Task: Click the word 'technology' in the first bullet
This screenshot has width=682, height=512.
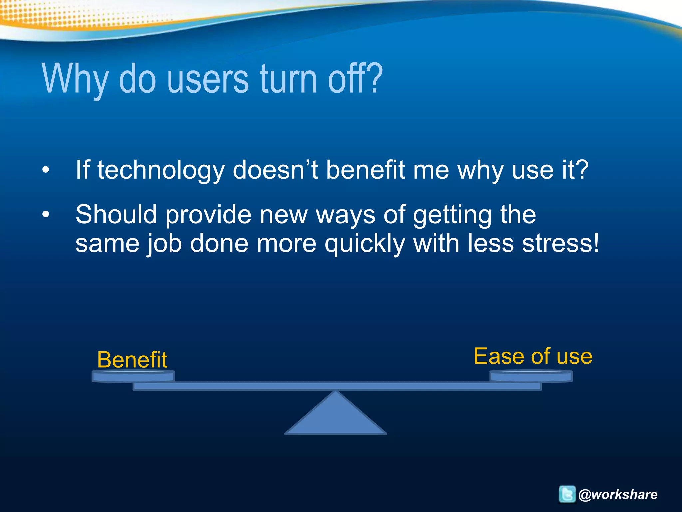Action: click(x=161, y=170)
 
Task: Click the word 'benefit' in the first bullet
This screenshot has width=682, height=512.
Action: click(x=365, y=170)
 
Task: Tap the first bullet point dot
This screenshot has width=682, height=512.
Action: click(x=46, y=170)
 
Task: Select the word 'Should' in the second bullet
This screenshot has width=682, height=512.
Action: click(x=116, y=214)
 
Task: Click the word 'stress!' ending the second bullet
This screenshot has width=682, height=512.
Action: click(x=561, y=243)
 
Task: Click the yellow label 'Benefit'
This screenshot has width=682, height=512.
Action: click(x=132, y=360)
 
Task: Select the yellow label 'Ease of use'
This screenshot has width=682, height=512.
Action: click(x=533, y=356)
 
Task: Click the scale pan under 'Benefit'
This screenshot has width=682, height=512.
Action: click(x=133, y=377)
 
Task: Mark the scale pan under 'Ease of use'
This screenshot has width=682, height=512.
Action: click(x=531, y=376)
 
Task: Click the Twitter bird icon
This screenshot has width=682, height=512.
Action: click(x=567, y=494)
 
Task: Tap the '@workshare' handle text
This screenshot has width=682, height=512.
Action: click(x=618, y=494)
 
